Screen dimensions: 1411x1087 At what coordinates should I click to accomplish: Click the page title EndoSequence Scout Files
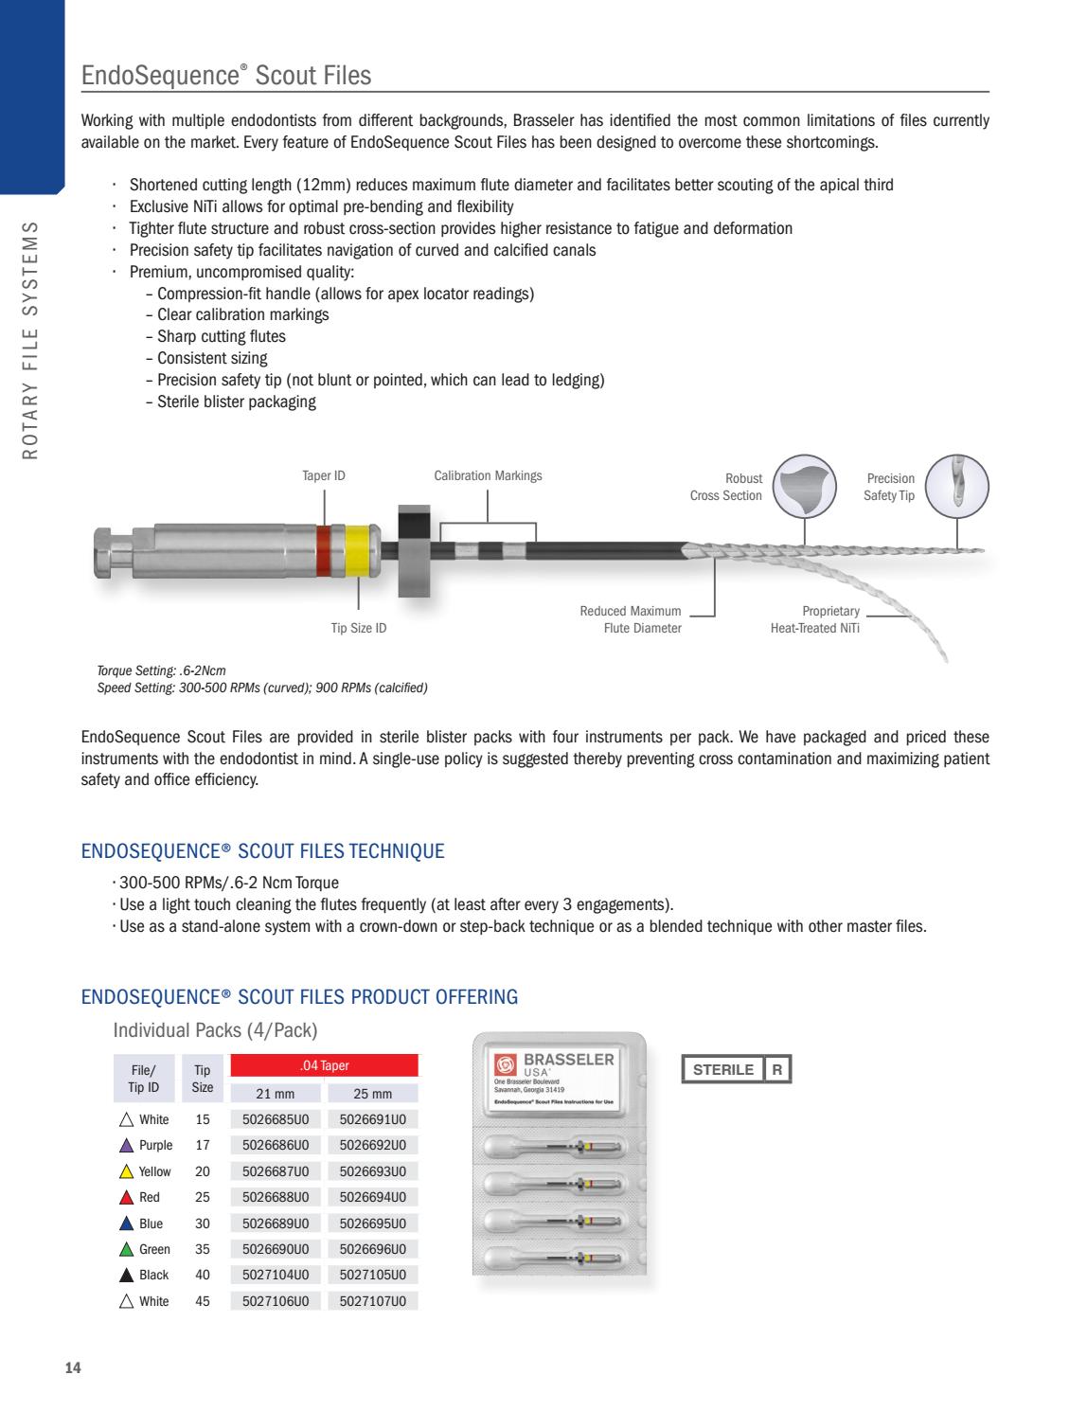click(226, 75)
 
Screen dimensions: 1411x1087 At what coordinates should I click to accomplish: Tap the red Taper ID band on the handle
click(324, 550)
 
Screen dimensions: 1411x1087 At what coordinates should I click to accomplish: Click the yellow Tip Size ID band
click(358, 550)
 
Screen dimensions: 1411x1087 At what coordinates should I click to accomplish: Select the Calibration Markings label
click(488, 475)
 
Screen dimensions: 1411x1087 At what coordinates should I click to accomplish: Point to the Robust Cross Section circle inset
click(805, 487)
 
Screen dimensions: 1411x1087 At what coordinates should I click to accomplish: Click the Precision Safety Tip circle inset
click(956, 487)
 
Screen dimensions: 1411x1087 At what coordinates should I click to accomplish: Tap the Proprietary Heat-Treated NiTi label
click(814, 619)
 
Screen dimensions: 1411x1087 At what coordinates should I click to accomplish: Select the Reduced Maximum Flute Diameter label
click(630, 619)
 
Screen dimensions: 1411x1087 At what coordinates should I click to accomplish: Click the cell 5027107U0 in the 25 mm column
click(372, 1301)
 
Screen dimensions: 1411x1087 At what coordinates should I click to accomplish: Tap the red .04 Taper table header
click(324, 1065)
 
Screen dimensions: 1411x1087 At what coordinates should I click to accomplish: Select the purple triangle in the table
click(127, 1146)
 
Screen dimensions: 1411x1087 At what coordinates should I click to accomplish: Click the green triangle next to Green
click(127, 1249)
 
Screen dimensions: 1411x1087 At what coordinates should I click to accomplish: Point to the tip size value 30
click(202, 1223)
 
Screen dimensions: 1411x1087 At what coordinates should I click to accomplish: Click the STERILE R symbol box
click(736, 1069)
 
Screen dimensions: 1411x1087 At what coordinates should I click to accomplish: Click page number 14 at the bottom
click(73, 1367)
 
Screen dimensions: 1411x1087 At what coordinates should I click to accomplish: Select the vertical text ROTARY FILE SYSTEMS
click(31, 341)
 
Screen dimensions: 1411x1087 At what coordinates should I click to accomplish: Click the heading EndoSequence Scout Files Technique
click(262, 850)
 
